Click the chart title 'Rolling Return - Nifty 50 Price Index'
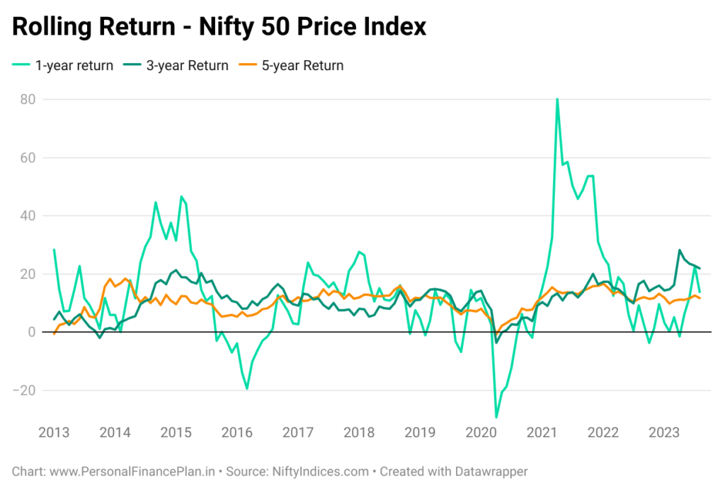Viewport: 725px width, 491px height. (219, 26)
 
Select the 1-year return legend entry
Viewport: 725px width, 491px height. (62, 66)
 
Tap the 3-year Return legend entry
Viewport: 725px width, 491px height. (176, 66)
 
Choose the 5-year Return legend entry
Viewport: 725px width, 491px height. (291, 66)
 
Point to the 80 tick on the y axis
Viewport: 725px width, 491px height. (28, 99)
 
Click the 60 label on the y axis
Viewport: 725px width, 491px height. (28, 158)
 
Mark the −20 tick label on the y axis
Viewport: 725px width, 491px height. (24, 391)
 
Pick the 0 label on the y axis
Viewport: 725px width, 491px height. (32, 332)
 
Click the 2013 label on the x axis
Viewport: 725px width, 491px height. (54, 432)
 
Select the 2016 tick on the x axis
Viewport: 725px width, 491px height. (236, 432)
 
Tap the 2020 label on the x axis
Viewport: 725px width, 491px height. (481, 432)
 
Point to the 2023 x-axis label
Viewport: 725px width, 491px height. (664, 432)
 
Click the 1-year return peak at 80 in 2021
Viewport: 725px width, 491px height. (557, 99)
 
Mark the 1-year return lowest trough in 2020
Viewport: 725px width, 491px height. (496, 417)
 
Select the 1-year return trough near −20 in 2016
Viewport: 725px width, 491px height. (247, 388)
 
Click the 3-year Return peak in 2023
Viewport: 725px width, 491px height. (679, 250)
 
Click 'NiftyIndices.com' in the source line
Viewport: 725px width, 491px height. (321, 472)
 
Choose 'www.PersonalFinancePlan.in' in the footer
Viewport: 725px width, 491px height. (132, 472)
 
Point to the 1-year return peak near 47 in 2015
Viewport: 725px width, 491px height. (181, 196)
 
